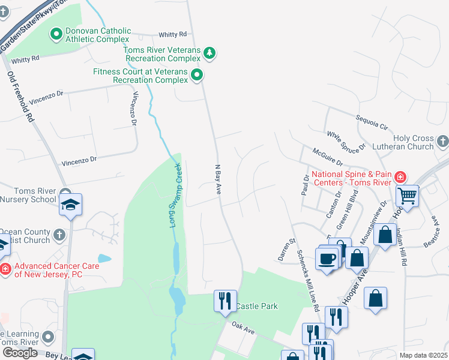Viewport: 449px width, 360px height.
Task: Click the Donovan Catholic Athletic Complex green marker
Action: [56, 35]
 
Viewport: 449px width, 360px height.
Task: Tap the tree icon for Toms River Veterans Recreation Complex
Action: [209, 54]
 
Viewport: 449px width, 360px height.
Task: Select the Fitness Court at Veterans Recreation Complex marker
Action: [197, 75]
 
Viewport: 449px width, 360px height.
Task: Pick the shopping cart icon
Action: [408, 196]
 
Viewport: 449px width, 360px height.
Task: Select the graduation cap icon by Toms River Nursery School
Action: [71, 205]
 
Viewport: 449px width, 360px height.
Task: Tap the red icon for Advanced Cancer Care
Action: [5, 269]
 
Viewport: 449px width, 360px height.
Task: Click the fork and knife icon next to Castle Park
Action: [225, 301]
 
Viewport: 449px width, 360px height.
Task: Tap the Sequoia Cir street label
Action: [372, 123]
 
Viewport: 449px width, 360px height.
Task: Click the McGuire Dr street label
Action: [327, 157]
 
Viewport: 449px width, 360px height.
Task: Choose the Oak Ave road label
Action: [244, 327]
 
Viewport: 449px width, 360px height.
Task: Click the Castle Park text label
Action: [256, 306]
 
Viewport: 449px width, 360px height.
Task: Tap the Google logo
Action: [20, 352]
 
